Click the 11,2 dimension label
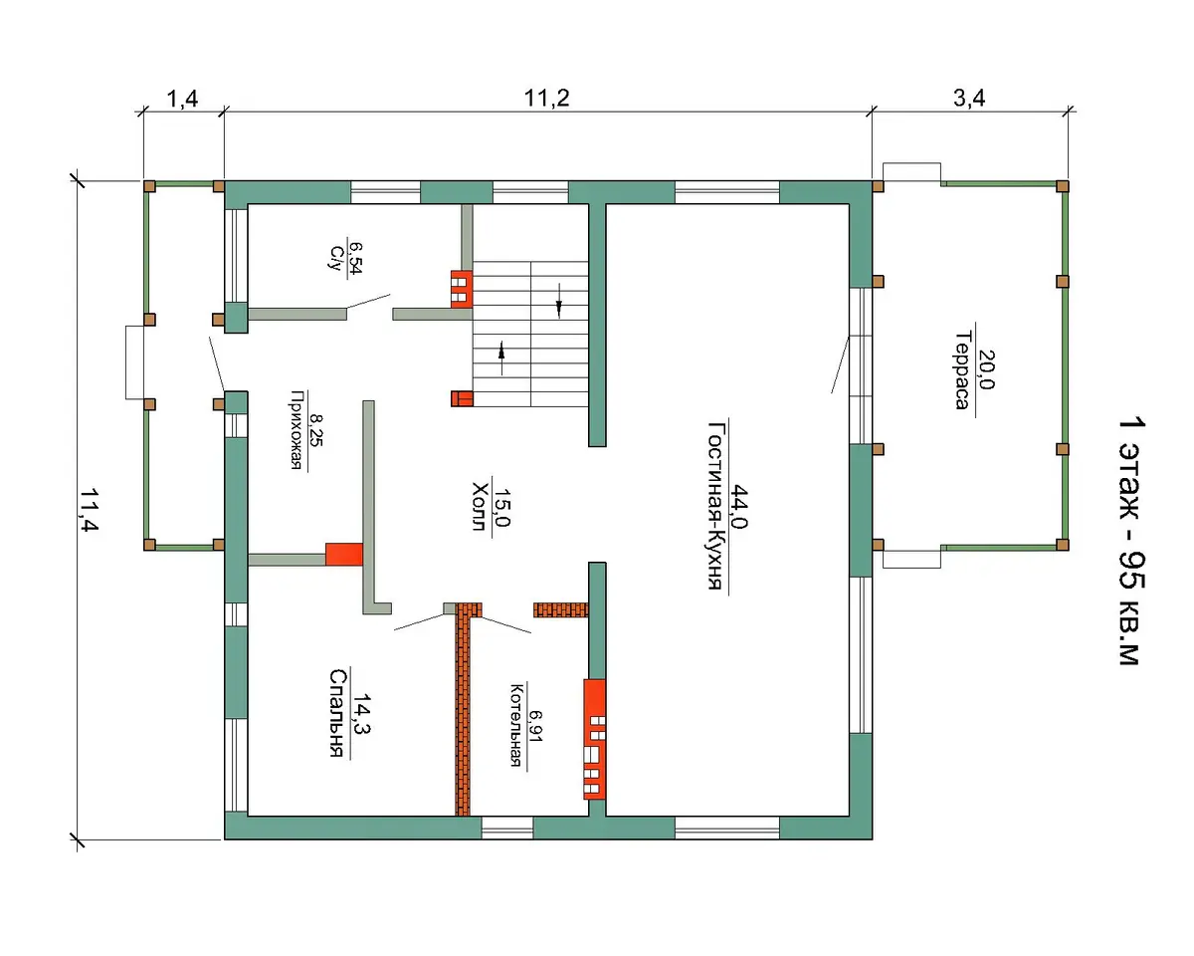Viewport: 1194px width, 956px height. tap(546, 99)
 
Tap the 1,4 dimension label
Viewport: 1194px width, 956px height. tap(182, 99)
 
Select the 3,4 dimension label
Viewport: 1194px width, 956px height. tap(969, 99)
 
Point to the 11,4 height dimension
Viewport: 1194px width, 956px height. tap(90, 510)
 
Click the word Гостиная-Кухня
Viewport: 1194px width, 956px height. tap(716, 505)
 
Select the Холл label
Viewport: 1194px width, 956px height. tap(480, 507)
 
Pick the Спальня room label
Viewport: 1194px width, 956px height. tap(338, 713)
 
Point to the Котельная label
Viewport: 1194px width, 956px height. tap(516, 725)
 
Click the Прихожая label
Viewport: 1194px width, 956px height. tap(298, 430)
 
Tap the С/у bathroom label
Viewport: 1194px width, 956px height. tap(336, 257)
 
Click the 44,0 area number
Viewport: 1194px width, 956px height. tap(738, 506)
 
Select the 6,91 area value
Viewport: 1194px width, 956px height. tap(535, 726)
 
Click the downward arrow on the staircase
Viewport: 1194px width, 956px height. tap(559, 301)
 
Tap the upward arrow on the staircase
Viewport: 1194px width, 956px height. tap(501, 358)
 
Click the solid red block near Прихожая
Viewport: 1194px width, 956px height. tap(344, 554)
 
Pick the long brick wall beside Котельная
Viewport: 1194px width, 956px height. tap(463, 709)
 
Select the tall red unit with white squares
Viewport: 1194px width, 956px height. tap(594, 739)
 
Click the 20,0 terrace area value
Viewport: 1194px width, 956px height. tap(986, 369)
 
